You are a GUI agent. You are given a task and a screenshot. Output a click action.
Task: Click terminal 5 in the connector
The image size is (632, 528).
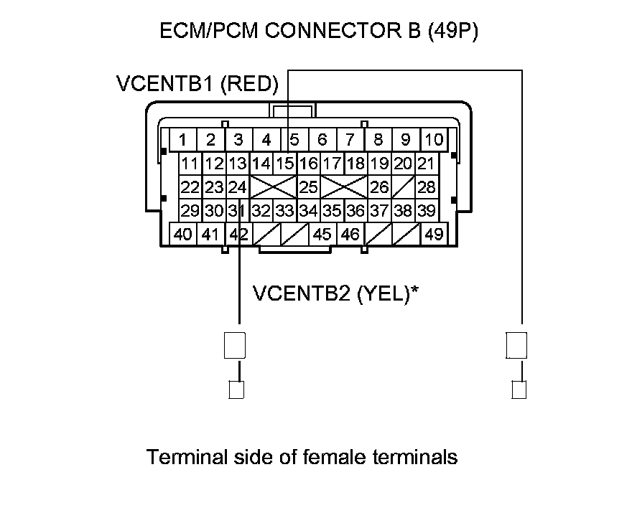294,139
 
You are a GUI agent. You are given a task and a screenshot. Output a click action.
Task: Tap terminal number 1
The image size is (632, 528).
184,139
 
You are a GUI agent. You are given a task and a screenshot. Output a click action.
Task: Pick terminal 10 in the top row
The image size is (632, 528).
434,139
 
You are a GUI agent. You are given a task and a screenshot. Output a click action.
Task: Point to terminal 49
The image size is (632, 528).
434,234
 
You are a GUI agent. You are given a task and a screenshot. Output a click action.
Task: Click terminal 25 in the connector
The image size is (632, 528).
308,187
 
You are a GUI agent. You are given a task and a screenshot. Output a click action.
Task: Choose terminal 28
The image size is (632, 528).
427,187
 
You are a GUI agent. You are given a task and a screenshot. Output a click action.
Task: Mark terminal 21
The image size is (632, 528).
427,164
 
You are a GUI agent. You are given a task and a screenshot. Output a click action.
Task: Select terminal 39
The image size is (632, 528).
427,211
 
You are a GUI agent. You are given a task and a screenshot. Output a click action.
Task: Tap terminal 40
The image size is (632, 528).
183,234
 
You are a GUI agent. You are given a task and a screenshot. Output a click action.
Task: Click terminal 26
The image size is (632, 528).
379,187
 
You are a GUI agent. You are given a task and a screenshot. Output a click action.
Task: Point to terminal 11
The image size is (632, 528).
190,164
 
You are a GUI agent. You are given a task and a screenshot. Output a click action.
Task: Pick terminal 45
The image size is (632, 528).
322,234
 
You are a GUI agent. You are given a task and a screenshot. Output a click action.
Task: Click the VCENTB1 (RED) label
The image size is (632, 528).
197,84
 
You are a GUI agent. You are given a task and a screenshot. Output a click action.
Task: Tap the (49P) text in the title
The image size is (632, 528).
452,32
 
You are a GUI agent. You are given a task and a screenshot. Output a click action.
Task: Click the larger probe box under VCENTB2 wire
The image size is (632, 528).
236,345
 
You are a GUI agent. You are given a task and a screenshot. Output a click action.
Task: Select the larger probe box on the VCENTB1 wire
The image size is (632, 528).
517,345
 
